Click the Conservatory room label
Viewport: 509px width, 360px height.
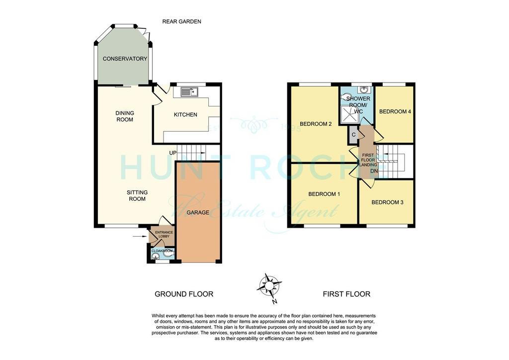tap(125, 59)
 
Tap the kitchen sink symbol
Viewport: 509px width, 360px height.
tap(189, 92)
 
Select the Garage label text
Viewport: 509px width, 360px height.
tap(198, 213)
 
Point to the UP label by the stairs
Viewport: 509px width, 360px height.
tap(172, 153)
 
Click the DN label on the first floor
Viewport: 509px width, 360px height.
tap(374, 171)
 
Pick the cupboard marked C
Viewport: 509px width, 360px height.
tap(353, 135)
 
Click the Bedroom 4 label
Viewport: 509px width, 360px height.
tap(395, 112)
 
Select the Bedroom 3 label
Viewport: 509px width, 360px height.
tap(387, 202)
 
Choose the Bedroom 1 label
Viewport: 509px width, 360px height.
tap(324, 194)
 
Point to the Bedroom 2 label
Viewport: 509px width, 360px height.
tap(316, 124)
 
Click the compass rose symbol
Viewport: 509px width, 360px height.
tap(269, 286)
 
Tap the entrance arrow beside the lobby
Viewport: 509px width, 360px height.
tap(140, 236)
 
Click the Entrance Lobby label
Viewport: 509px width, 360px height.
tap(164, 234)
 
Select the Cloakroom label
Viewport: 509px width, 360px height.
tap(162, 251)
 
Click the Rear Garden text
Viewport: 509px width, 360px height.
tap(182, 22)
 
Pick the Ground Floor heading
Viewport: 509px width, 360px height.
tap(184, 294)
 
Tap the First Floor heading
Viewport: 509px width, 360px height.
tap(346, 294)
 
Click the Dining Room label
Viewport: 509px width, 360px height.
tap(125, 116)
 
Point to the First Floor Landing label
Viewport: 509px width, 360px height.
tap(368, 160)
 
